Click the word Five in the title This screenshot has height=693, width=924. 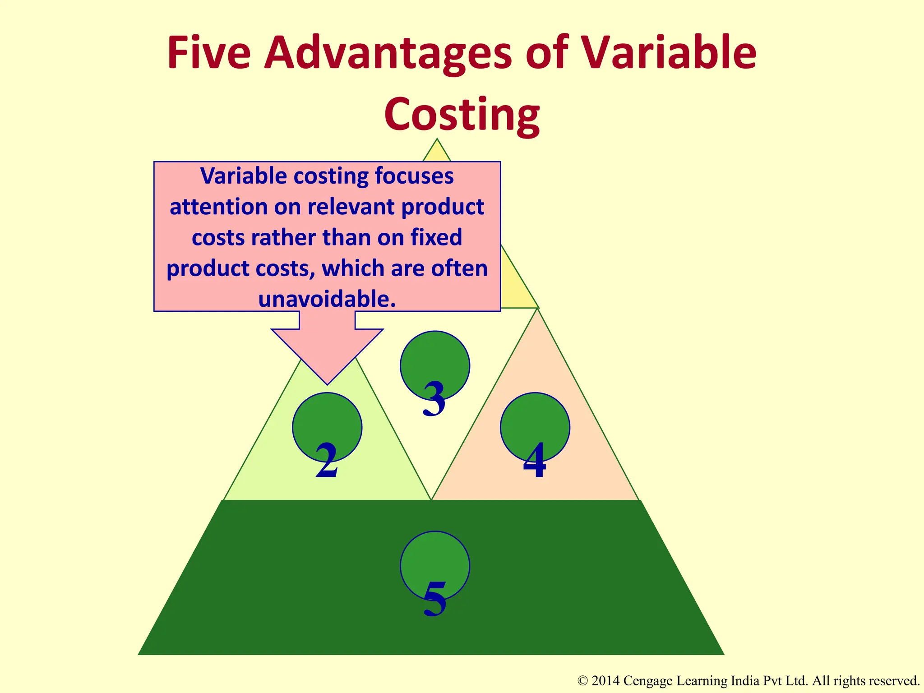tap(208, 53)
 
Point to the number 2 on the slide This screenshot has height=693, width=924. tap(327, 461)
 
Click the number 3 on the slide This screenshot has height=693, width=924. tap(434, 399)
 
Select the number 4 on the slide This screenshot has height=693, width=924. tap(535, 461)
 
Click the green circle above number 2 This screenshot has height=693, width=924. tap(327, 422)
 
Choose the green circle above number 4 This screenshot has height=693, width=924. tap(535, 422)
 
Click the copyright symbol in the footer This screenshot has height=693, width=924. tap(582, 681)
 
